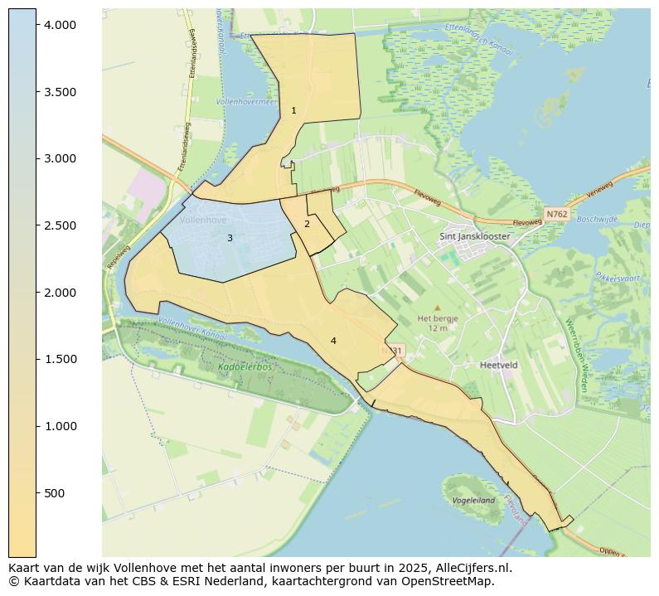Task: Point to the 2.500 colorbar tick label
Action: (60, 225)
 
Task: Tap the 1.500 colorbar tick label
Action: (60, 359)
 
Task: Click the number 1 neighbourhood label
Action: (293, 110)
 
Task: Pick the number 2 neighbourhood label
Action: (307, 224)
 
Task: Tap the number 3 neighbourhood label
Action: (230, 239)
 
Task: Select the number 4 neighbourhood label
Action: (333, 341)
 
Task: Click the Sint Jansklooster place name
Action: (474, 236)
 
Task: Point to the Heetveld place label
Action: (499, 365)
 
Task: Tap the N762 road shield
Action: (555, 214)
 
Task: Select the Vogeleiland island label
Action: (473, 501)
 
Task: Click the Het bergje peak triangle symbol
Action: (438, 308)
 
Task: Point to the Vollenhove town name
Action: (203, 220)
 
